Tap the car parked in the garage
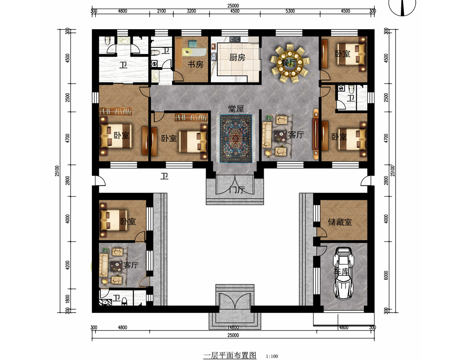(343, 273)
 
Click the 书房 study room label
(195, 64)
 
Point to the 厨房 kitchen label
(237, 58)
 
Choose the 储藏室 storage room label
(340, 222)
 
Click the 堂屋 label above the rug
(236, 108)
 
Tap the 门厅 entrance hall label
(237, 190)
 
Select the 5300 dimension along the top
(290, 11)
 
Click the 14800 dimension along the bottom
(233, 328)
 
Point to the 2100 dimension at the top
(161, 11)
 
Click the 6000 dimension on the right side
(386, 275)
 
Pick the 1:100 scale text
(272, 356)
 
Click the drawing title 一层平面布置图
(229, 355)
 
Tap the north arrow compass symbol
(402, 6)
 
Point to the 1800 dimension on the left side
(68, 300)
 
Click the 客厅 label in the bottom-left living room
(131, 265)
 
